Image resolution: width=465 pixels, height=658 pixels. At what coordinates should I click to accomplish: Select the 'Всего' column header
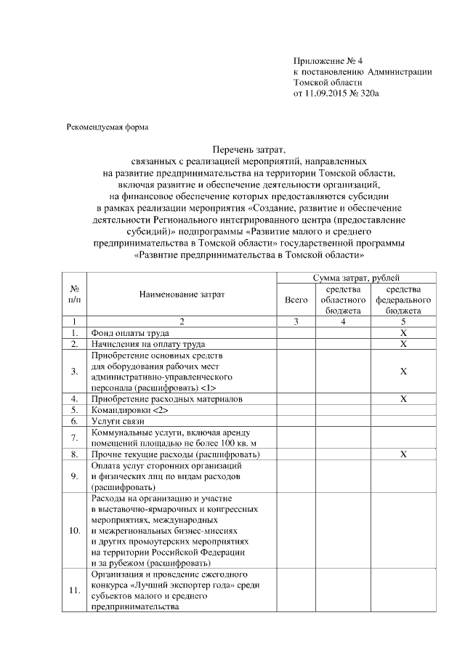click(x=296, y=299)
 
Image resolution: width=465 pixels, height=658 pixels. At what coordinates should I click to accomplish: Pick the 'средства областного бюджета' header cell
click(x=342, y=299)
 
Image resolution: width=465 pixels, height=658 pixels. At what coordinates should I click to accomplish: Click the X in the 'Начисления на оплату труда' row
click(x=403, y=343)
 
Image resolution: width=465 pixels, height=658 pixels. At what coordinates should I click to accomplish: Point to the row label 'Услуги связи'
click(x=113, y=421)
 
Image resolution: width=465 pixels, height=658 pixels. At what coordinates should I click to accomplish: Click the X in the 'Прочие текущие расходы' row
click(x=403, y=454)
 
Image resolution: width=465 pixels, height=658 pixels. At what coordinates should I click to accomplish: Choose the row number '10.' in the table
click(x=74, y=530)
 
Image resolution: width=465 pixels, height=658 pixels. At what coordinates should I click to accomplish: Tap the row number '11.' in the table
click(x=74, y=590)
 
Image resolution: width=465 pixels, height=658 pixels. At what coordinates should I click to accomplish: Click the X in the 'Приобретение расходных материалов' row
click(x=403, y=399)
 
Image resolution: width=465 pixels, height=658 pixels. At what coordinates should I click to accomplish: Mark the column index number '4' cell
click(x=342, y=321)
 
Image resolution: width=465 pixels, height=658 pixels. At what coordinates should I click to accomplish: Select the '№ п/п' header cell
click(x=74, y=294)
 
